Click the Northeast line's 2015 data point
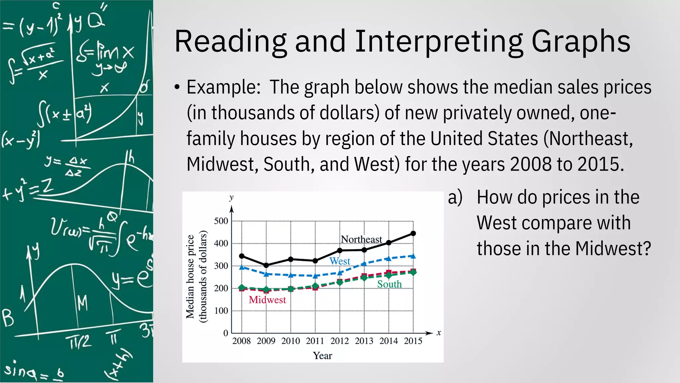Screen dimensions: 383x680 tap(413, 233)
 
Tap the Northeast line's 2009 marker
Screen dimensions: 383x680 tap(266, 265)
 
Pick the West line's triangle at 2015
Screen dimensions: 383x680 tap(413, 256)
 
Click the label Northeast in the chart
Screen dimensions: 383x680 tap(362, 239)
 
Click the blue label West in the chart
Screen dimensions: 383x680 tap(340, 261)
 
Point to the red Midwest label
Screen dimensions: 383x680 tap(267, 300)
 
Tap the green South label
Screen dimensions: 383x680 tap(389, 284)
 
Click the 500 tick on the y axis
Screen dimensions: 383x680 tap(221, 221)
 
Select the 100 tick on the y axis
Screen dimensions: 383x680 tap(221, 311)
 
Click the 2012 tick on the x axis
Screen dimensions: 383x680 tap(339, 341)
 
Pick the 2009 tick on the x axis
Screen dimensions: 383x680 tap(266, 341)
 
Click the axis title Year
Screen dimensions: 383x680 tap(322, 356)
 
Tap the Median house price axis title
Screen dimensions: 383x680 tap(190, 277)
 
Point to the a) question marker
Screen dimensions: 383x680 tap(455, 197)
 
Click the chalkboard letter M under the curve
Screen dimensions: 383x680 tap(82, 303)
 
